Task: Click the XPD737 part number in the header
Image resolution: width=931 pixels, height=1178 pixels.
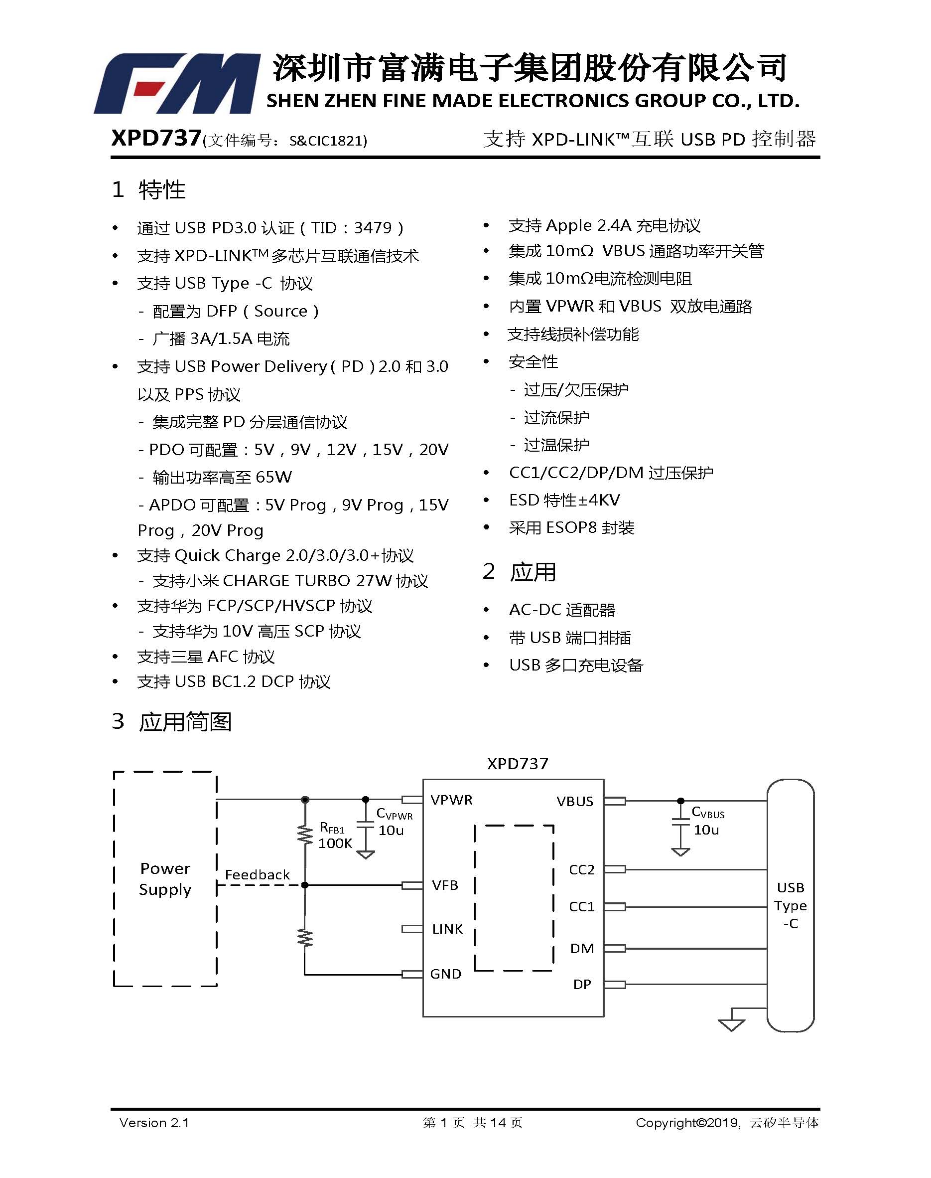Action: (156, 139)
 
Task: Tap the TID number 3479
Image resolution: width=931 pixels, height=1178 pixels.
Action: (373, 227)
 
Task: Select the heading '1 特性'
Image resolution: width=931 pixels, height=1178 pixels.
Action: (149, 190)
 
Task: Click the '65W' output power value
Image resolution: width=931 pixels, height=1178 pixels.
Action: (273, 477)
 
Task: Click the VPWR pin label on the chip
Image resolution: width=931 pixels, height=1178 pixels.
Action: (451, 800)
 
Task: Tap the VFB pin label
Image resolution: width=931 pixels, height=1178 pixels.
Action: (445, 885)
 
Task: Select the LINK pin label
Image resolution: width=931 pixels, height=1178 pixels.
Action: (447, 929)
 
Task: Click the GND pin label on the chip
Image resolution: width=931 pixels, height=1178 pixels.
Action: (445, 974)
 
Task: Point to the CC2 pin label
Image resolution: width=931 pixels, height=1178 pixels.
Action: (582, 869)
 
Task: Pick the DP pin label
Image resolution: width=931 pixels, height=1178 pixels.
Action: (582, 985)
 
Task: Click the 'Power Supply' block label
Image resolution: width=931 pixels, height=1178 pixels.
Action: (165, 878)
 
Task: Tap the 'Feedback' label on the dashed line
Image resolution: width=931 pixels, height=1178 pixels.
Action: (257, 875)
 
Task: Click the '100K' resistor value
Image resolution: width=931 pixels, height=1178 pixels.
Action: (335, 843)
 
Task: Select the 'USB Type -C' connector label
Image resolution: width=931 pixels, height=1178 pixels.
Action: (791, 905)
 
